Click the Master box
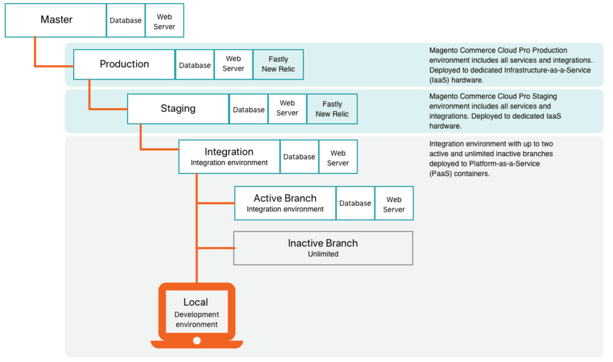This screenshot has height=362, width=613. coord(56,20)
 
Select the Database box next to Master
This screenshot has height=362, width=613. coord(126,20)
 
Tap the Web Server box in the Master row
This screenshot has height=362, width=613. coord(164,22)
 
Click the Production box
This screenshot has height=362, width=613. coord(124,65)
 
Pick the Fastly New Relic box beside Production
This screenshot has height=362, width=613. coord(278,65)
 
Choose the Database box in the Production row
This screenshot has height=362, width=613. coord(195,65)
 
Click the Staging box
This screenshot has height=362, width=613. coord(178,109)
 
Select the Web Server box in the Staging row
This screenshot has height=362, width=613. coord(287,108)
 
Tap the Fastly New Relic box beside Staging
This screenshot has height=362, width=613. coord(332,109)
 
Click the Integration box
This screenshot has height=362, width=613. coord(229,157)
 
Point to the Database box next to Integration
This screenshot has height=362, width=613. coord(299,157)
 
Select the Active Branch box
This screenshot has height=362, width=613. coord(285,203)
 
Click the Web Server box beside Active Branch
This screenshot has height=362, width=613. coord(394,204)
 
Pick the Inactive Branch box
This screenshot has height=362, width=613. coord(323,248)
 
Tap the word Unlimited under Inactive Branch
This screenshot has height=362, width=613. coord(323,254)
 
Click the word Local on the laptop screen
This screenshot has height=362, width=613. coord(196,302)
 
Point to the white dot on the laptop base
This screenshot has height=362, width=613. coord(196,341)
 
